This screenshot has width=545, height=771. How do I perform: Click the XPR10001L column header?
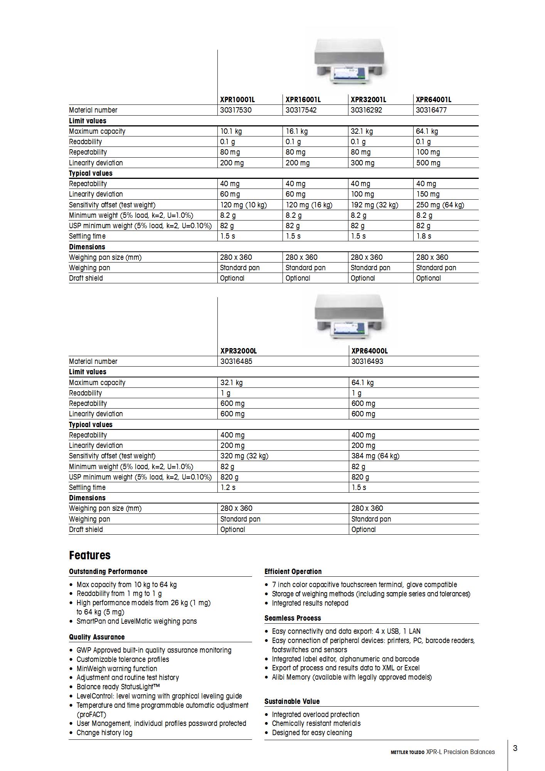(237, 99)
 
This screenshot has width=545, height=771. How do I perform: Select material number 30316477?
(431, 110)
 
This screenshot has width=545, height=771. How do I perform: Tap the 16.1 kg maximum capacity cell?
(296, 131)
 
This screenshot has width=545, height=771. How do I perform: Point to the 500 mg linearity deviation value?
(428, 163)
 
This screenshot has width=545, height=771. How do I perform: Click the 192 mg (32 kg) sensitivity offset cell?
(374, 205)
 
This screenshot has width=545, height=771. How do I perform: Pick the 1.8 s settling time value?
(424, 236)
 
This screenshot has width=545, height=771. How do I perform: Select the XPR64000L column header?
(369, 351)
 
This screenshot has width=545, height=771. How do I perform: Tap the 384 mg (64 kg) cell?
(375, 456)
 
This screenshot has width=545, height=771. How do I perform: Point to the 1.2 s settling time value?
(228, 487)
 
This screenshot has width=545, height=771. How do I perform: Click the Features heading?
(89, 555)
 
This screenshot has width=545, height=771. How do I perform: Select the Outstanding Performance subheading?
(108, 571)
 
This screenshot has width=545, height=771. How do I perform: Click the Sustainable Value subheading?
(292, 701)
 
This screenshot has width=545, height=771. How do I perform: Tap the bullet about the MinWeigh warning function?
(116, 668)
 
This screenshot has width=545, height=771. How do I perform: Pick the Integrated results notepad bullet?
(310, 603)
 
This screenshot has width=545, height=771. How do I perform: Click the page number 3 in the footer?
(515, 748)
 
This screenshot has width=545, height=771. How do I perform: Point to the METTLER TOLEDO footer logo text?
(407, 752)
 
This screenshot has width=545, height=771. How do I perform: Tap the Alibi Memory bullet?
(352, 677)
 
